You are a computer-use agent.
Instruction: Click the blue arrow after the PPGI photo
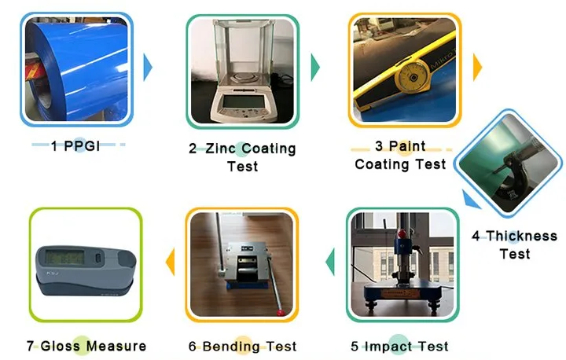148,67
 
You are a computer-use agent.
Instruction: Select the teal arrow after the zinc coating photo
315,67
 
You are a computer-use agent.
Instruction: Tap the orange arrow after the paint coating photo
477,67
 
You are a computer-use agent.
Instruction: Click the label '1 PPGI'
75,146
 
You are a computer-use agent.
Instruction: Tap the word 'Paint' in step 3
407,146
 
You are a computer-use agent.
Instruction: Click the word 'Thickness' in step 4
522,236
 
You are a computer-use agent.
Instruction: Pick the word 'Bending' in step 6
231,347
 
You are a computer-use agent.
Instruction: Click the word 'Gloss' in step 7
60,346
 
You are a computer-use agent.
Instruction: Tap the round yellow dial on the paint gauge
413,76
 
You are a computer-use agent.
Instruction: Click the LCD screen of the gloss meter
65,257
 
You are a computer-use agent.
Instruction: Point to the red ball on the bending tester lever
279,313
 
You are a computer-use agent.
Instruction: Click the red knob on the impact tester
402,234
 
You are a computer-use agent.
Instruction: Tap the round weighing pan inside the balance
243,76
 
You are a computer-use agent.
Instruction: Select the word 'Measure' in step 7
116,346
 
